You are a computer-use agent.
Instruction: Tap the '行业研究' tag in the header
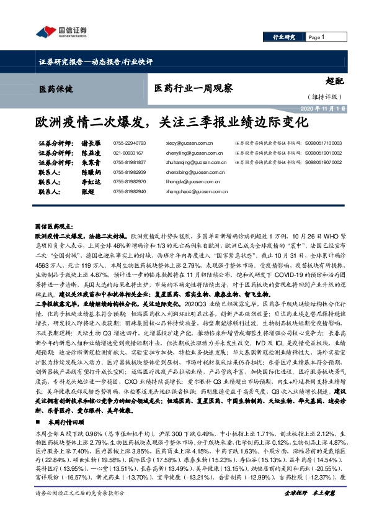coord(285,37)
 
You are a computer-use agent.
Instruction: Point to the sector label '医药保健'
coord(55,89)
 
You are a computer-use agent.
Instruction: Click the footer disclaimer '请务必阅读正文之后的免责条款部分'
coord(80,509)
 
